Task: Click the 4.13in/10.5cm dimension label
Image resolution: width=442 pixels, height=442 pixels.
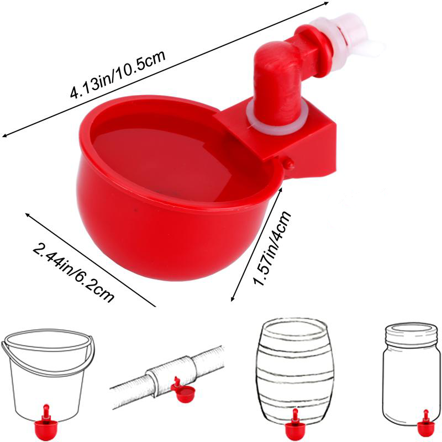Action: (118, 74)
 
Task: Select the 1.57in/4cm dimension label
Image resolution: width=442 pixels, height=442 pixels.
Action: (272, 248)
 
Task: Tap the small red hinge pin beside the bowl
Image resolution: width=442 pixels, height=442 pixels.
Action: (289, 164)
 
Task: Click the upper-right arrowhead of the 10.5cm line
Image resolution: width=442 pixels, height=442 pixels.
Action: (327, 3)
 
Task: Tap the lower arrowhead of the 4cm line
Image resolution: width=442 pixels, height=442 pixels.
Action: (232, 299)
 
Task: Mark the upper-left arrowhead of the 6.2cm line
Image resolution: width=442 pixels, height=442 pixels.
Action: (27, 215)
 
